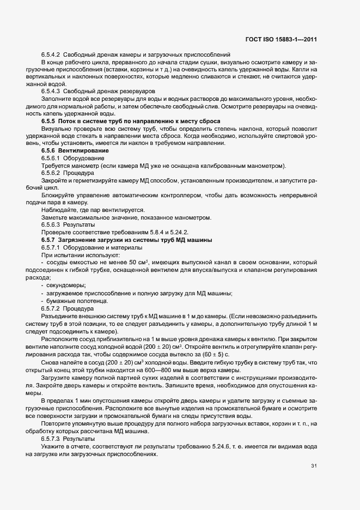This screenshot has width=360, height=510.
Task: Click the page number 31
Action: click(314, 465)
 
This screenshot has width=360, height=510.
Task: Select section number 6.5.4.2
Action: click(51, 54)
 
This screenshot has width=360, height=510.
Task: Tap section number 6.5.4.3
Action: click(51, 92)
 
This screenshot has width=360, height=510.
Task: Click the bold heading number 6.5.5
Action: click(49, 121)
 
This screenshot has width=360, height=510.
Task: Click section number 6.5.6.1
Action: click(51, 158)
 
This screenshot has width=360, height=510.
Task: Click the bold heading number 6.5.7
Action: click(49, 240)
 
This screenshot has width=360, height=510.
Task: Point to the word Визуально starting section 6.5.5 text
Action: click(57, 129)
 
